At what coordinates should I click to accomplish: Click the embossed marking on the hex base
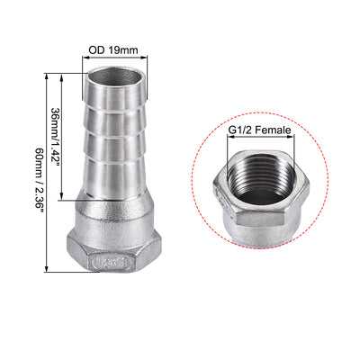click(x=113, y=265)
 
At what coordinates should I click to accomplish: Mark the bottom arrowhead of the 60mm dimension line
click(x=45, y=269)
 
